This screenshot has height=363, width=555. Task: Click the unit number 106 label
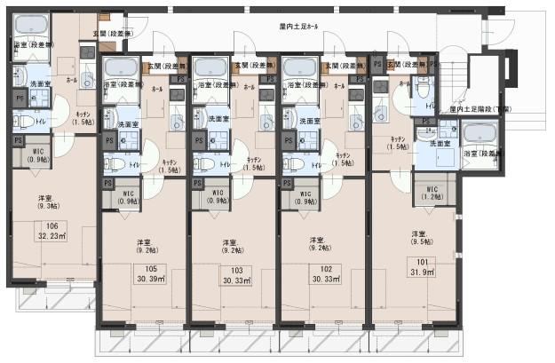52,226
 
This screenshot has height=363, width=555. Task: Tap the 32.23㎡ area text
52,237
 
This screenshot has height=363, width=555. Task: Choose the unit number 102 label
326,269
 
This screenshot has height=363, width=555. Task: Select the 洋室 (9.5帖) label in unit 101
421,237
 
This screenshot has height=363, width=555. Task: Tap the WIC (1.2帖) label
432,193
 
